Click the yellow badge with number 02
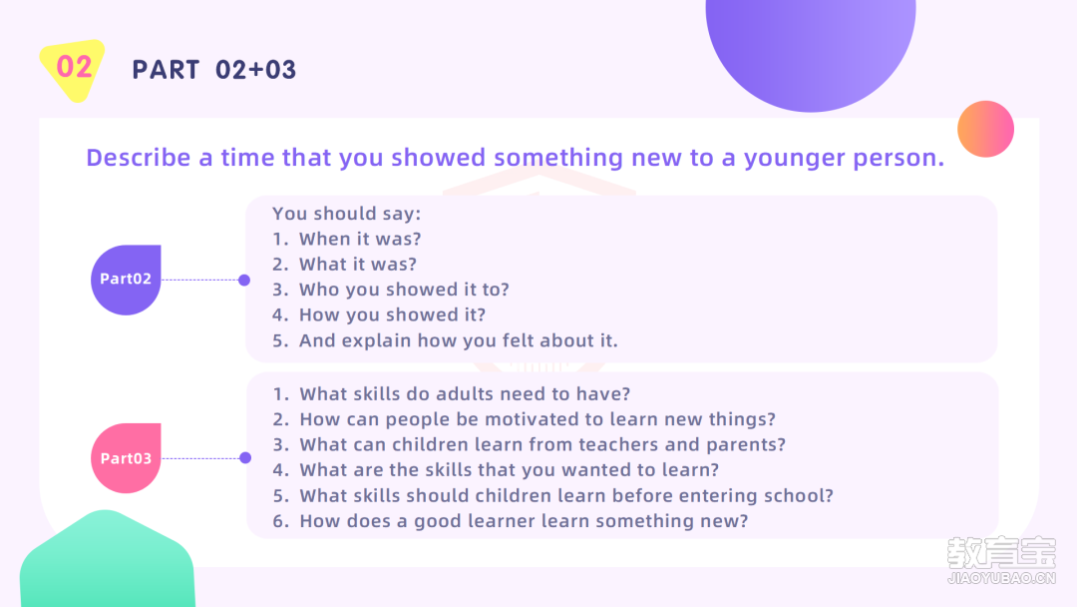click(x=74, y=70)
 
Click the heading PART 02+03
click(x=214, y=70)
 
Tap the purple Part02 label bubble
click(x=126, y=280)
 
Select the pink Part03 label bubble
click(x=126, y=458)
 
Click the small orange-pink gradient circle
click(x=985, y=129)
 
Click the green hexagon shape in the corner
click(x=107, y=560)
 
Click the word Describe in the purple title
click(x=138, y=158)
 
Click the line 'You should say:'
click(x=347, y=214)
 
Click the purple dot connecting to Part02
click(x=244, y=280)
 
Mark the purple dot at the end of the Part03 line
click(x=245, y=458)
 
